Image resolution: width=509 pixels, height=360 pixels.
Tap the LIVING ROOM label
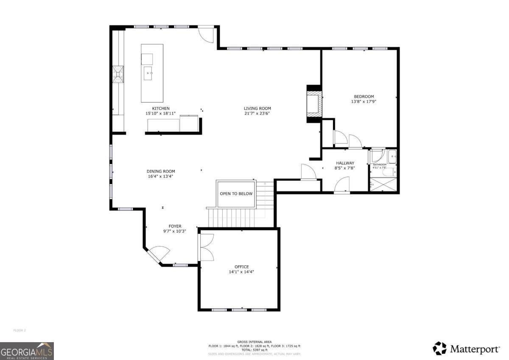257,108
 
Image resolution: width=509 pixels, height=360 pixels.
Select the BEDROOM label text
364,96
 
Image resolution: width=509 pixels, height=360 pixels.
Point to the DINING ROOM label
160,172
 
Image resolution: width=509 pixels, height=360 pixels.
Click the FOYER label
175,226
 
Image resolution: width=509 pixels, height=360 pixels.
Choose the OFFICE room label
241,267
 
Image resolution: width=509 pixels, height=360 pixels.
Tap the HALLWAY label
345,163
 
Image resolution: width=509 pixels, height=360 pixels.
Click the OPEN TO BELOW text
236,194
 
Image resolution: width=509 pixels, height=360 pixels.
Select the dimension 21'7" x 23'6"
257,113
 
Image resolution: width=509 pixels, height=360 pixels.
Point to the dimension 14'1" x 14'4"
241,272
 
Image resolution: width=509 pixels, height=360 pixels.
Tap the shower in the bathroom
383,185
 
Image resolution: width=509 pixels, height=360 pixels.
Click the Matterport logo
466,349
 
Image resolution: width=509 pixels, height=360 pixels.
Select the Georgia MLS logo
27,351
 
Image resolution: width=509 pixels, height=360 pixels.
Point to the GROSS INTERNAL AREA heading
254,342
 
